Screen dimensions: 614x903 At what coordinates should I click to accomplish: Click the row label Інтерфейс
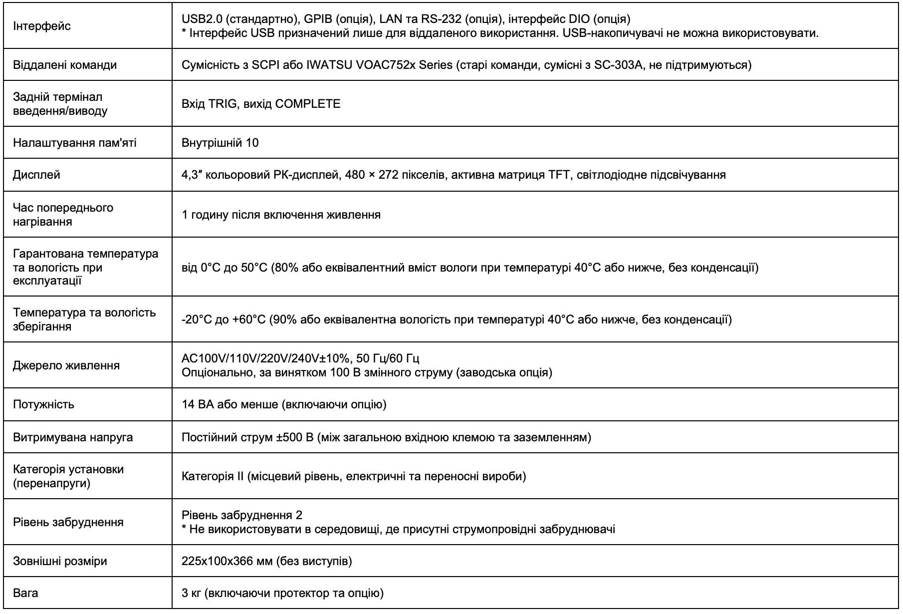click(42, 26)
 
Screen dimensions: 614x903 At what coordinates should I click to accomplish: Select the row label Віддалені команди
click(65, 65)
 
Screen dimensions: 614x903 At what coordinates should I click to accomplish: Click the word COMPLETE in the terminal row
click(308, 104)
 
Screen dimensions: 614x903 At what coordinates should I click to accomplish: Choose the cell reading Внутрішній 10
click(220, 143)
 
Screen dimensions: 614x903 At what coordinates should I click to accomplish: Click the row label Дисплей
click(36, 175)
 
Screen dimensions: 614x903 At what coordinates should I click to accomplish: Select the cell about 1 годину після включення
click(281, 215)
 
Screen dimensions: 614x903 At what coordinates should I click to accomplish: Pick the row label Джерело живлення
click(66, 365)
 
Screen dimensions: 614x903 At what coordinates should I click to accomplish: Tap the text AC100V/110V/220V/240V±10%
click(265, 359)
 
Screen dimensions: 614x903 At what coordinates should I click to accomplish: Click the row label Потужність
click(43, 405)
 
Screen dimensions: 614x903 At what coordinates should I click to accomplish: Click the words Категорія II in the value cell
click(212, 476)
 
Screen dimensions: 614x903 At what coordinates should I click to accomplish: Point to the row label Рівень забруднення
click(68, 523)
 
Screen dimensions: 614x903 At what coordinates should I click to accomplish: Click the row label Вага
click(25, 594)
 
